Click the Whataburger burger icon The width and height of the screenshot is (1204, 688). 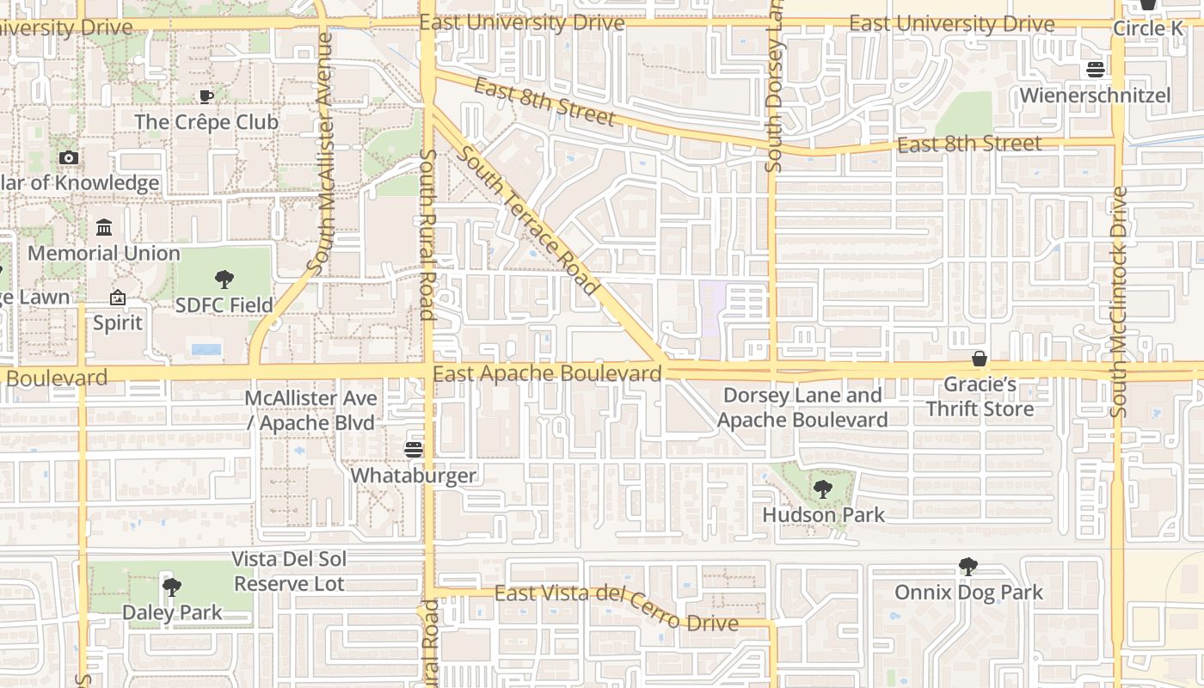pyautogui.click(x=414, y=449)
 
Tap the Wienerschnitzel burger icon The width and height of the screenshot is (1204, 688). pyautogui.click(x=1095, y=70)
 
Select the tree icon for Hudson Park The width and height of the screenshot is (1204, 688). pyautogui.click(x=822, y=490)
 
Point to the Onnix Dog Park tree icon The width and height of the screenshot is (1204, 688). pyautogui.click(x=968, y=567)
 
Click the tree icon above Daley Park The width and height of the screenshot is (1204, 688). pyautogui.click(x=172, y=587)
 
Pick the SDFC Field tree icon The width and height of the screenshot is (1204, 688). pyautogui.click(x=224, y=279)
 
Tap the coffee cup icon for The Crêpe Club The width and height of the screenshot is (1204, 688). pyautogui.click(x=206, y=96)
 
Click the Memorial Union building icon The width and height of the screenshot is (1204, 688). pyautogui.click(x=104, y=227)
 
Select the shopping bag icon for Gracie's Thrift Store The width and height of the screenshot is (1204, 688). pyautogui.click(x=980, y=359)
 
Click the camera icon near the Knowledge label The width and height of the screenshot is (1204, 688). pyautogui.click(x=69, y=157)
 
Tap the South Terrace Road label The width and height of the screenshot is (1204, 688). pyautogui.click(x=528, y=221)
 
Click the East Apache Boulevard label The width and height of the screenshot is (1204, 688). pyautogui.click(x=547, y=374)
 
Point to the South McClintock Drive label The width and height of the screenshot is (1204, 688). pyautogui.click(x=1118, y=301)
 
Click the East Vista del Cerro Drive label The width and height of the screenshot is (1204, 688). pyautogui.click(x=616, y=606)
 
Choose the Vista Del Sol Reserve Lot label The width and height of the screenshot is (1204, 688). pyautogui.click(x=289, y=571)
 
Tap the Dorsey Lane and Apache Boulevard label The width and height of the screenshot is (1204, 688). pyautogui.click(x=802, y=408)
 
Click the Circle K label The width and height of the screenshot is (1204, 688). pyautogui.click(x=1147, y=28)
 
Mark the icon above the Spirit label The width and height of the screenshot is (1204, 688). pyautogui.click(x=118, y=298)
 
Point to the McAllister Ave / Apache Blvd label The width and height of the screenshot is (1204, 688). pyautogui.click(x=310, y=410)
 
